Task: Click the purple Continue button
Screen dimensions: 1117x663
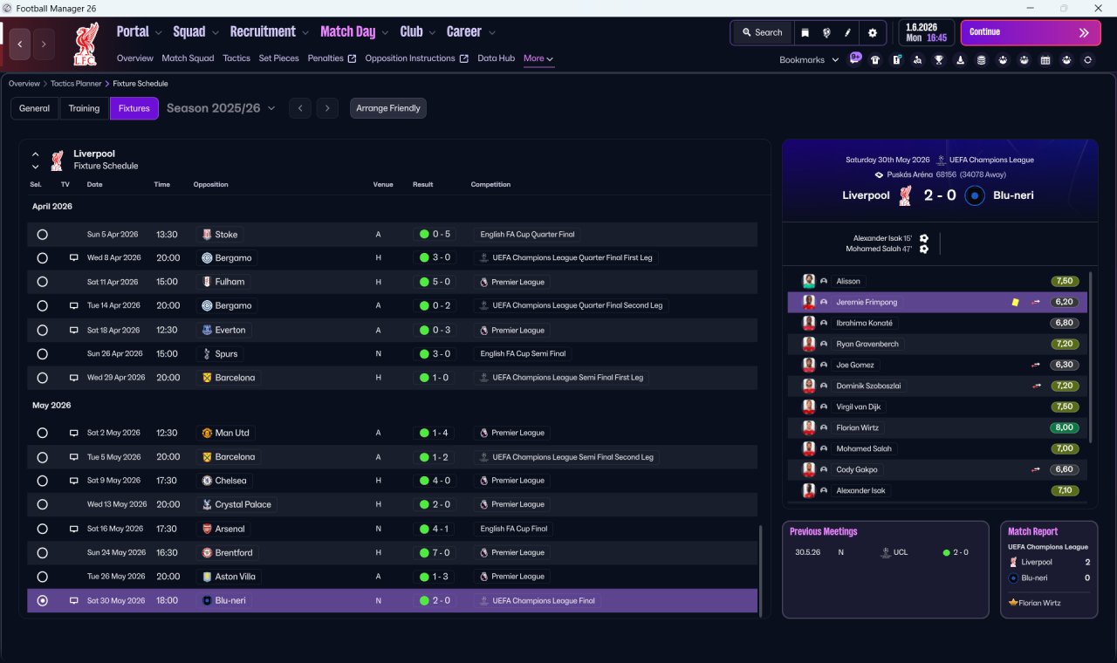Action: (1031, 32)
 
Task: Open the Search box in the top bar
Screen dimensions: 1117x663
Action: (763, 32)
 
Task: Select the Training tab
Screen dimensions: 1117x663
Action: (84, 108)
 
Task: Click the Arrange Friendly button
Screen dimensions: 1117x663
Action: (388, 108)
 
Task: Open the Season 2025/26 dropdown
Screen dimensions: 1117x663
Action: (221, 108)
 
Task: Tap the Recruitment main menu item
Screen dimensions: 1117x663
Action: (263, 31)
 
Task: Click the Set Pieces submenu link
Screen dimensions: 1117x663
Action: (278, 58)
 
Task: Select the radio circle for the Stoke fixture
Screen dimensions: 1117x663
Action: (43, 235)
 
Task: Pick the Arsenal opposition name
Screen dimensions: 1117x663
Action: (230, 529)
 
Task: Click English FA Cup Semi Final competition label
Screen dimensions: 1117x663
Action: (523, 353)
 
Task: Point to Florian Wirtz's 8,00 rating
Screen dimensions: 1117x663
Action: (1064, 427)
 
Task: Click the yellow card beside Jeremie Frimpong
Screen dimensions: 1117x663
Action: (1015, 302)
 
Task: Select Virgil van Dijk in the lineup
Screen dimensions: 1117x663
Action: (858, 407)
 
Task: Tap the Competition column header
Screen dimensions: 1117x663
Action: (490, 184)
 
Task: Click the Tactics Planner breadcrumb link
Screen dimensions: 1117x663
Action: (76, 84)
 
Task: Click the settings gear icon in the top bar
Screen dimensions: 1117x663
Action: (872, 33)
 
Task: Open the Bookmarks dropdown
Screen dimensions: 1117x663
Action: (809, 60)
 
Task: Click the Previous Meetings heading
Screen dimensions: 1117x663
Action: (823, 531)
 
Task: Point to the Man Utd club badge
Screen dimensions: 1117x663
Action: (207, 433)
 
